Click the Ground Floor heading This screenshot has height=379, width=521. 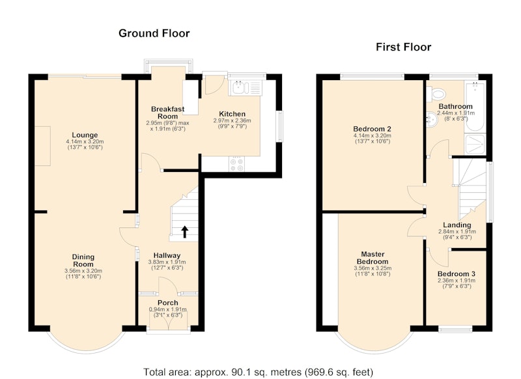tap(154, 33)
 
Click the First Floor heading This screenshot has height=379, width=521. tap(403, 47)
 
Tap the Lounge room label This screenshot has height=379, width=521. tap(85, 135)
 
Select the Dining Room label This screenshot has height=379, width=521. tap(83, 260)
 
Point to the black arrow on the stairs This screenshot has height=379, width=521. tap(184, 232)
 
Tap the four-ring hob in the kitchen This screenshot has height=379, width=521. tap(236, 164)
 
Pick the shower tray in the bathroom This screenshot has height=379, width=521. tap(475, 144)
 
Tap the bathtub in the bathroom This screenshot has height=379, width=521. tap(475, 106)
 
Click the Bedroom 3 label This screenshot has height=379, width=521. tap(457, 274)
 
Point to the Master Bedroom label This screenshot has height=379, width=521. tap(373, 258)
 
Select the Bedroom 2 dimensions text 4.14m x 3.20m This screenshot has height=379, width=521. tap(372, 135)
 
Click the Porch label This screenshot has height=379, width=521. tap(168, 303)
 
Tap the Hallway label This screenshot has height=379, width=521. tap(167, 255)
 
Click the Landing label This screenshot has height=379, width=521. tap(457, 225)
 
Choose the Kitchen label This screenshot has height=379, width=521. tap(232, 114)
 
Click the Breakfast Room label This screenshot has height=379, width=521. tap(167, 113)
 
